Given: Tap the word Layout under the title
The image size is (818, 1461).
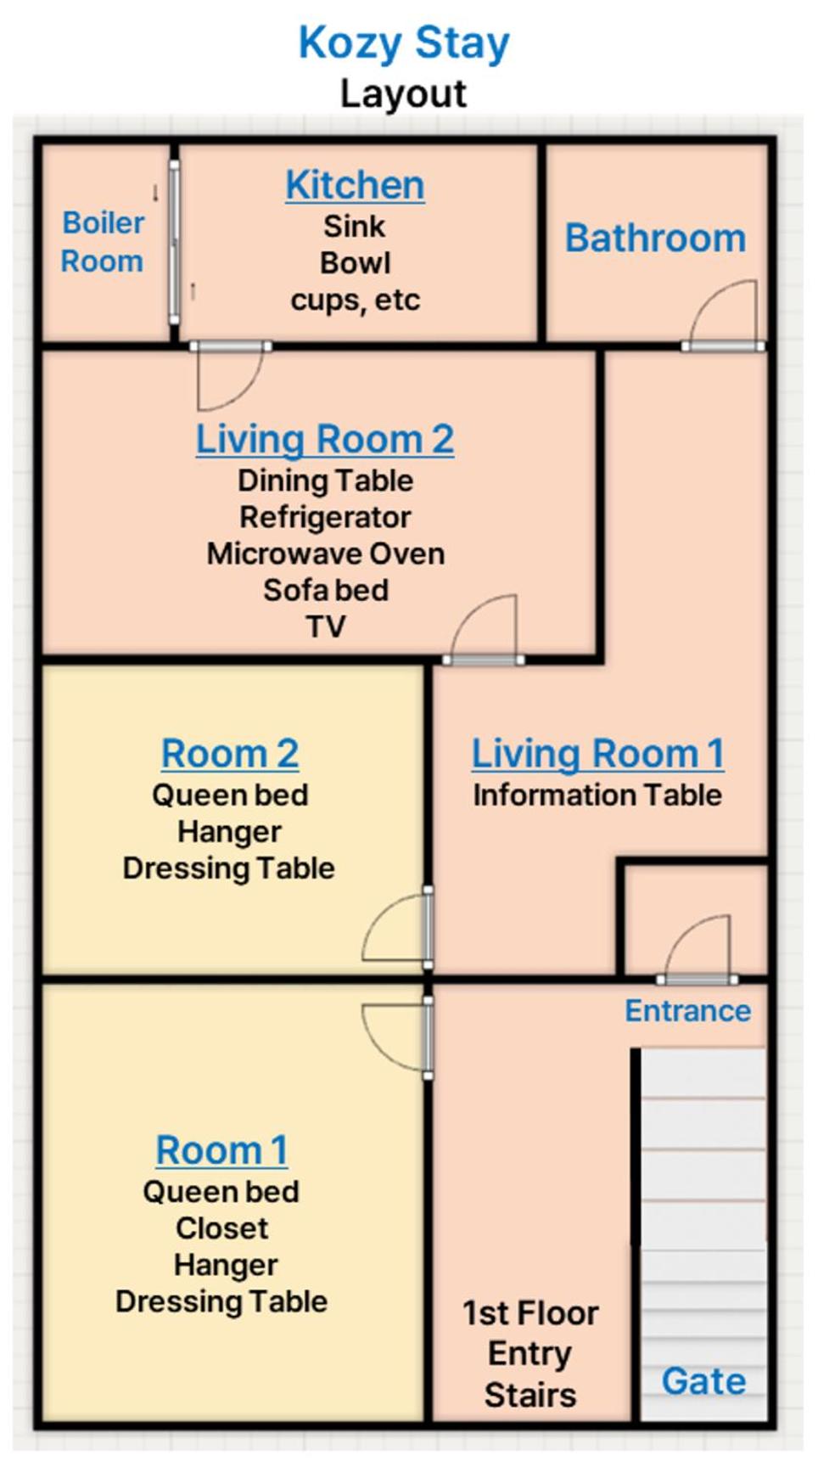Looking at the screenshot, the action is pyautogui.click(x=404, y=93).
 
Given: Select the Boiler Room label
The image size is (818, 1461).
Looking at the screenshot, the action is pyautogui.click(x=103, y=242).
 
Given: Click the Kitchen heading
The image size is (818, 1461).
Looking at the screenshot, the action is pyautogui.click(x=355, y=185).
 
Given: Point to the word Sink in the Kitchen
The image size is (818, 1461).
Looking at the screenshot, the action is pyautogui.click(x=355, y=227).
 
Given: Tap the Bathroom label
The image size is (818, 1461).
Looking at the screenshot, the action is pyautogui.click(x=656, y=238).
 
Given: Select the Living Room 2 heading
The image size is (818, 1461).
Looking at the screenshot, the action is pyautogui.click(x=325, y=440).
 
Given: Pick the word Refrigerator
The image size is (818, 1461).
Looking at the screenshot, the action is pyautogui.click(x=325, y=517).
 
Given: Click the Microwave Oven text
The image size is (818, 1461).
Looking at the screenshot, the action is pyautogui.click(x=326, y=553).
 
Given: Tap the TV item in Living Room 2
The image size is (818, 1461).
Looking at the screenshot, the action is pyautogui.click(x=326, y=627).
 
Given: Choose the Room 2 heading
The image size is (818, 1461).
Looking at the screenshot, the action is pyautogui.click(x=230, y=754).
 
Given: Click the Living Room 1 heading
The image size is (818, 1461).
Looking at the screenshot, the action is pyautogui.click(x=598, y=754).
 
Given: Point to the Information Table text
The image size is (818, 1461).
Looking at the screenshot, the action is pyautogui.click(x=597, y=795).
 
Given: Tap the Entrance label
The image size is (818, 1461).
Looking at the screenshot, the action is pyautogui.click(x=688, y=1011).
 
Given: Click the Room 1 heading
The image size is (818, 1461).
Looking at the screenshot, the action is pyautogui.click(x=222, y=1151).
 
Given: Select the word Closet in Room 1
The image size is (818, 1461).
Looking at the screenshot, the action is pyautogui.click(x=222, y=1228).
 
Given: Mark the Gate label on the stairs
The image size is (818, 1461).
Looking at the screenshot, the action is pyautogui.click(x=704, y=1381).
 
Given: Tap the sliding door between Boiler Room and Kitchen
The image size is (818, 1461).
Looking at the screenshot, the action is pyautogui.click(x=174, y=243).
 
